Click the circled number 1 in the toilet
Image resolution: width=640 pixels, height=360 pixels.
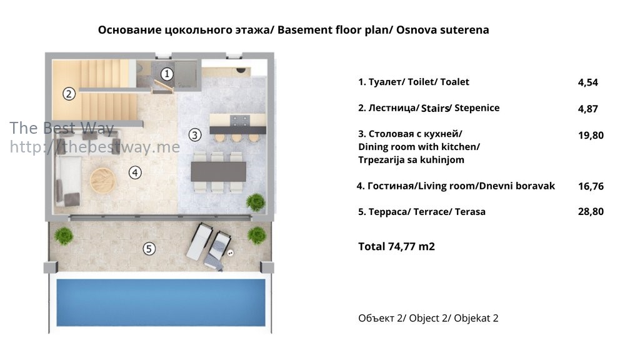(x=166, y=74)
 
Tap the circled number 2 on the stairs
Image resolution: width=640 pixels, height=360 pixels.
(x=69, y=94)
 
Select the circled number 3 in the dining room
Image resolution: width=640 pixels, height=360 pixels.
(x=195, y=135)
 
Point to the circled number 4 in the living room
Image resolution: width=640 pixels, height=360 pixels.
(x=135, y=172)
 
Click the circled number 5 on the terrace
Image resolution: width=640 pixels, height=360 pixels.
(x=149, y=248)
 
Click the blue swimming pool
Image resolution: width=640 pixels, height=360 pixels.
(x=161, y=302)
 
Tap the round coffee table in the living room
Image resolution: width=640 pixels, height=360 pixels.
(x=103, y=180)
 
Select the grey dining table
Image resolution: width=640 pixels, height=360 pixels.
(x=218, y=171)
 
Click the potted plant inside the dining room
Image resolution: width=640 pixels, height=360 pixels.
(x=256, y=202)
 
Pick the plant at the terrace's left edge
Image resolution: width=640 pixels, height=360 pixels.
(x=64, y=236)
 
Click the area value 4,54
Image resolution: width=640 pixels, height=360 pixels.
(x=587, y=82)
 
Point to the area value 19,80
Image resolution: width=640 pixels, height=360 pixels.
(x=591, y=136)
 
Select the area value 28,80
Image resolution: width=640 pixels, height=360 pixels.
(x=591, y=211)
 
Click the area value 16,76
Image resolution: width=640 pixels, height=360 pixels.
(x=591, y=186)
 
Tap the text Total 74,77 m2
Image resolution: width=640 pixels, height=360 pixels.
(x=396, y=246)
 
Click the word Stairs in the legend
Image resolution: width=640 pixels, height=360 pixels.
(x=435, y=108)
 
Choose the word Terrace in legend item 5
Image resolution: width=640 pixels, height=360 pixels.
(x=431, y=212)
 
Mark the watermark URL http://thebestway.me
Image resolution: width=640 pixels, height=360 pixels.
(x=95, y=147)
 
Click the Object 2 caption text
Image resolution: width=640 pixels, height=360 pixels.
(x=428, y=318)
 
